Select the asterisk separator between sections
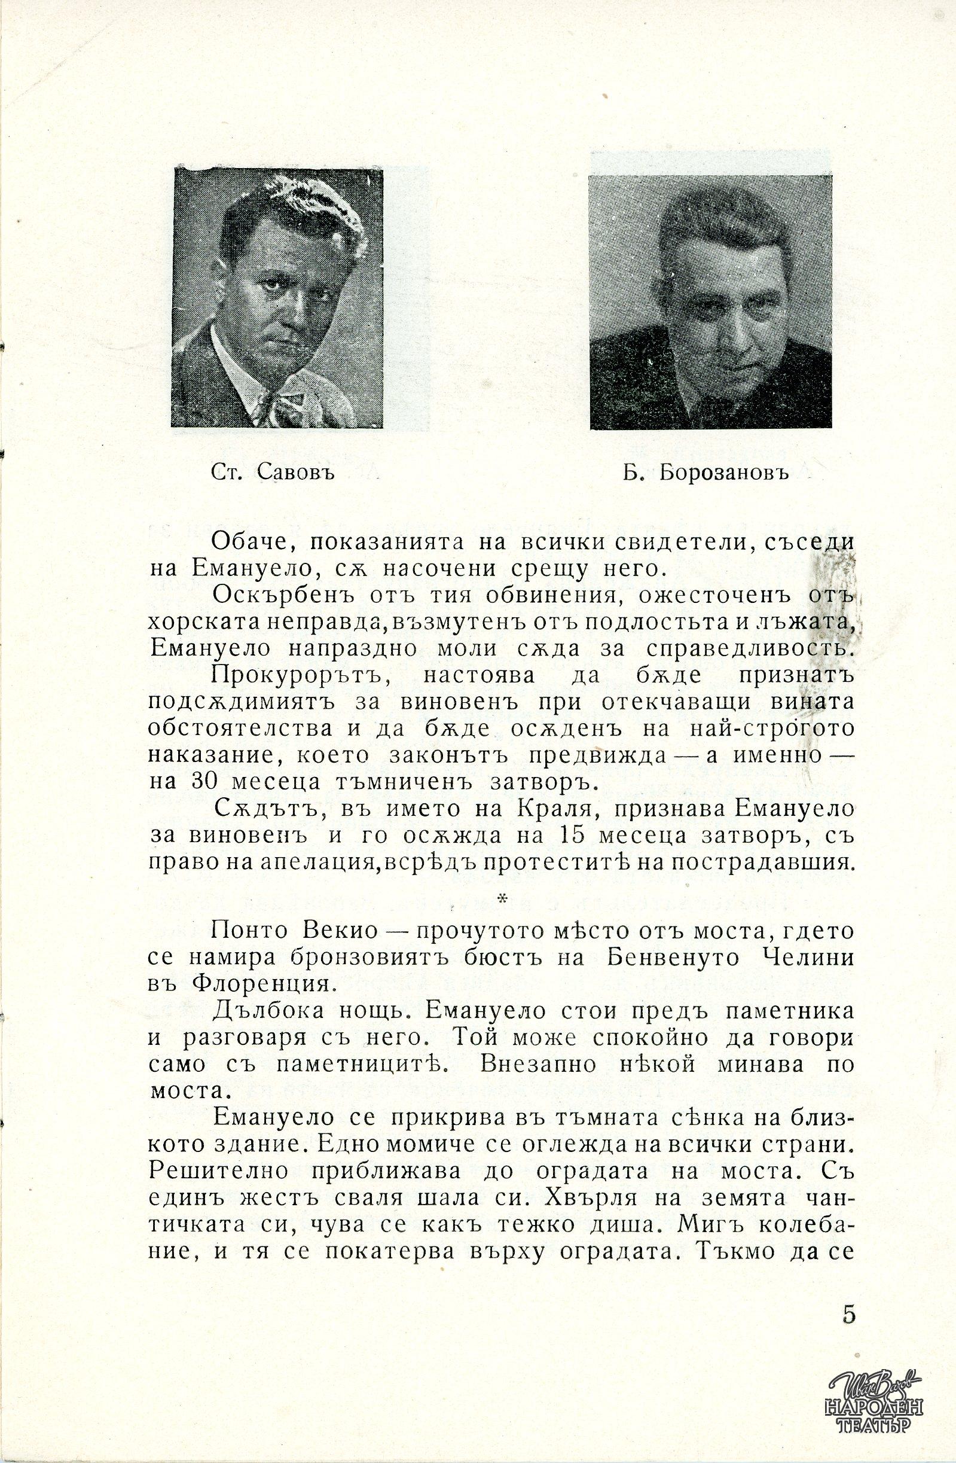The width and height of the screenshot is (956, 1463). click(502, 900)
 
